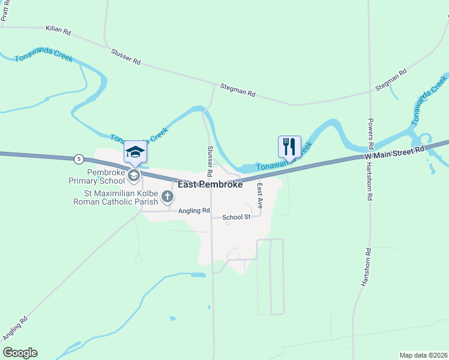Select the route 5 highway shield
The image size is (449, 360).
[79, 159]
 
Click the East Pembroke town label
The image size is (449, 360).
[211, 185]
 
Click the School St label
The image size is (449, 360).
[236, 217]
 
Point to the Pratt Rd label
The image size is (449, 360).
[5, 11]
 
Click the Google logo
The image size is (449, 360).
[20, 353]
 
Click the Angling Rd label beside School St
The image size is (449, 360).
[193, 211]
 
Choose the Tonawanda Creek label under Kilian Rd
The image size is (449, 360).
[44, 58]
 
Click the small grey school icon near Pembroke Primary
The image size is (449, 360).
[133, 175]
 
